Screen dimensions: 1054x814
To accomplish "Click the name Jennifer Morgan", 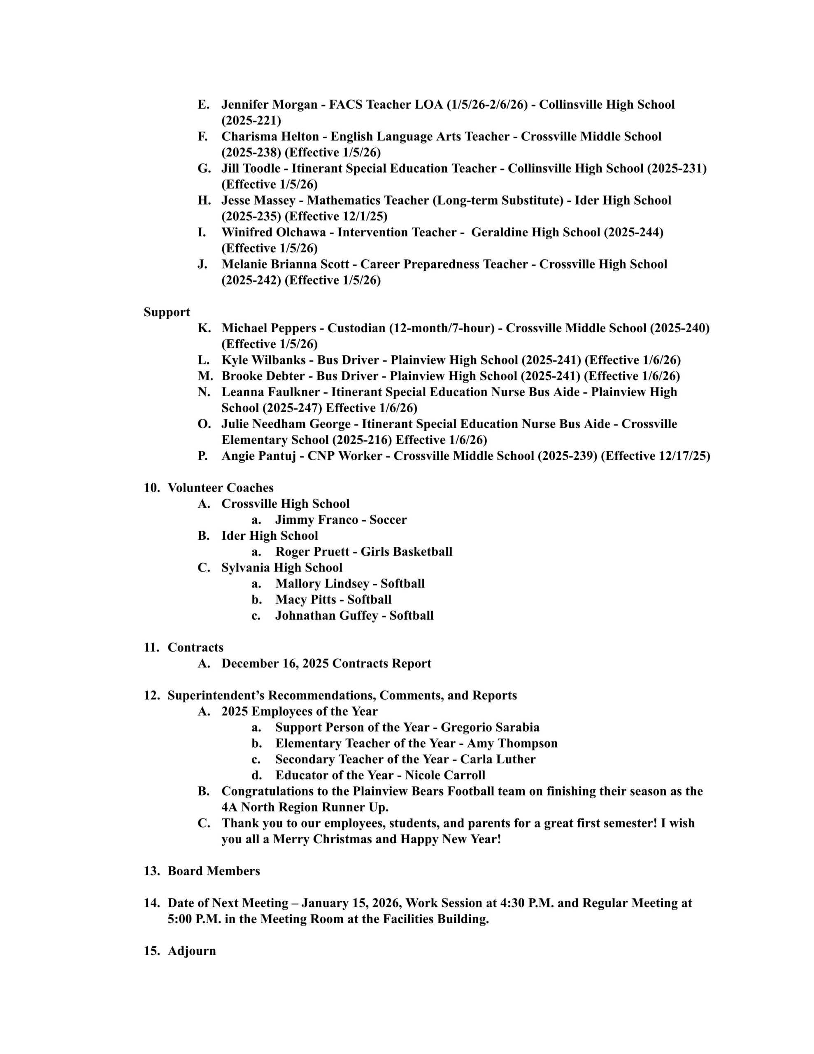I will pos(269,105).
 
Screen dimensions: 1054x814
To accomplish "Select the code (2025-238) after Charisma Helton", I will pos(251,152).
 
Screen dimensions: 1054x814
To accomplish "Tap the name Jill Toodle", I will pos(251,168).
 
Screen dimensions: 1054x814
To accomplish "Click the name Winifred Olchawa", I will pos(274,232).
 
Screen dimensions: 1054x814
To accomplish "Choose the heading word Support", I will pos(167,312).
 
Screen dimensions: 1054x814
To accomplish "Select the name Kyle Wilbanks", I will pos(263,360).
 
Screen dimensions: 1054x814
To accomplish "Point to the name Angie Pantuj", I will pos(258,456).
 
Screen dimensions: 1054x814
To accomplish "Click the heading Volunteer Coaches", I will pos(221,487).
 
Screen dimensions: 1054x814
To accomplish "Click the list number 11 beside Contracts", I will pos(151,648).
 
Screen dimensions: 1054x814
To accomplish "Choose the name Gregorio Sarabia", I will pos(490,727).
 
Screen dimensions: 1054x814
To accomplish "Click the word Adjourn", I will pos(191,951).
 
